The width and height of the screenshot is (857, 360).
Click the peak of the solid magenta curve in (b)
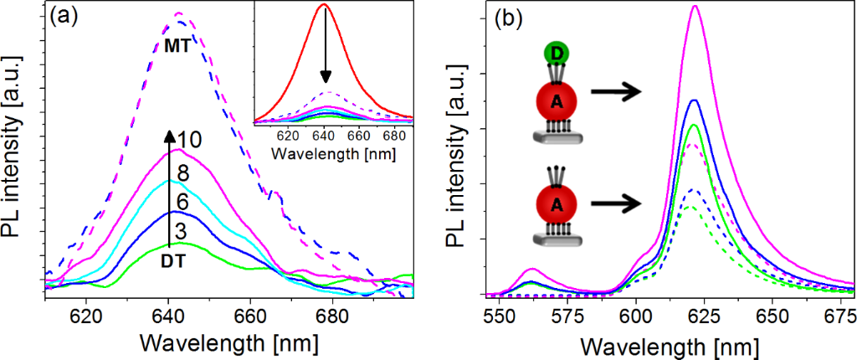pyautogui.click(x=695, y=7)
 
